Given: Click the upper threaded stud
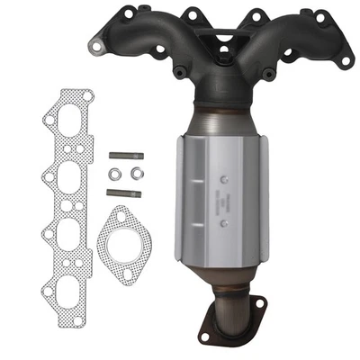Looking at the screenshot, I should pos(122,154).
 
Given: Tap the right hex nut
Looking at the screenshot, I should pos(136,172).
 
